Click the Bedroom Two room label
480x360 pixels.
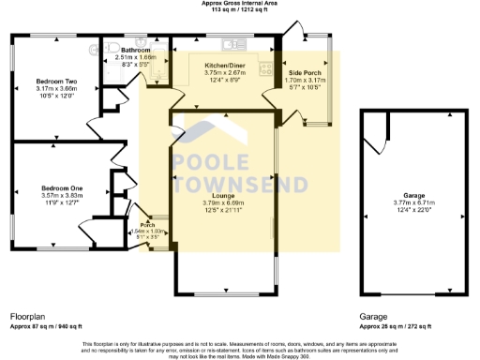point(56,81)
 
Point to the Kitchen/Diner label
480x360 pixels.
point(224,64)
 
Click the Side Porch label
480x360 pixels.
point(305,73)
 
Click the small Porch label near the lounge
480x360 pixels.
point(147,225)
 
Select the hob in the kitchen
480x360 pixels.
point(267,67)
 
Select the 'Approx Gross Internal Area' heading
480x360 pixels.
point(239,4)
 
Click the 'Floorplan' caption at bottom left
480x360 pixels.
point(29,317)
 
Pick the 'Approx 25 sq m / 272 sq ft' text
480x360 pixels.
point(396,326)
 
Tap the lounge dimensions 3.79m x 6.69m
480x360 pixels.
point(222,202)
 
